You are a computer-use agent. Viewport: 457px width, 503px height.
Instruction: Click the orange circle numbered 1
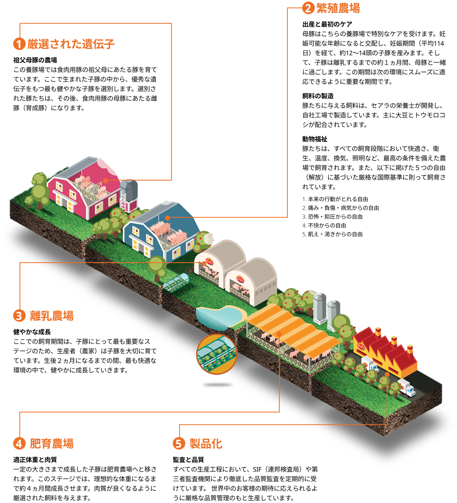[x=19, y=44]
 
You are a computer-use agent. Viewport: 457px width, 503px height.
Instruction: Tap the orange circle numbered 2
[x=308, y=8]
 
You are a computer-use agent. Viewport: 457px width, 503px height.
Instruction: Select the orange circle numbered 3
[x=19, y=316]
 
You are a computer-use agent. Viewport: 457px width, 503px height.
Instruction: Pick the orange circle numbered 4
[x=19, y=443]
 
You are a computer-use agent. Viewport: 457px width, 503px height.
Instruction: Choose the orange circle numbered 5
[x=179, y=443]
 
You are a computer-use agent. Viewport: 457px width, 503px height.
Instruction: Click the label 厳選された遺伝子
[x=71, y=44]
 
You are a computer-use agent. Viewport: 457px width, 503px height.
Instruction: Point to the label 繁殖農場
[x=338, y=8]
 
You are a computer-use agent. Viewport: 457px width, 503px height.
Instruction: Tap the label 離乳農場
[x=52, y=316]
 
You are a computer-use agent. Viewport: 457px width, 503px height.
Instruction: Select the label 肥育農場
[x=52, y=443]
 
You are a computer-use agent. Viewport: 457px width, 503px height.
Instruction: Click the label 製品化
[x=206, y=443]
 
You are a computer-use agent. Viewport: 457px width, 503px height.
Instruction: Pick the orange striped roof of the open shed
[x=293, y=325]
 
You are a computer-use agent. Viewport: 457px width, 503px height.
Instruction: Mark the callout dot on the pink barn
[x=105, y=181]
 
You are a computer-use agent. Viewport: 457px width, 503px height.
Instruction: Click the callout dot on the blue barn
[x=167, y=218]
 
